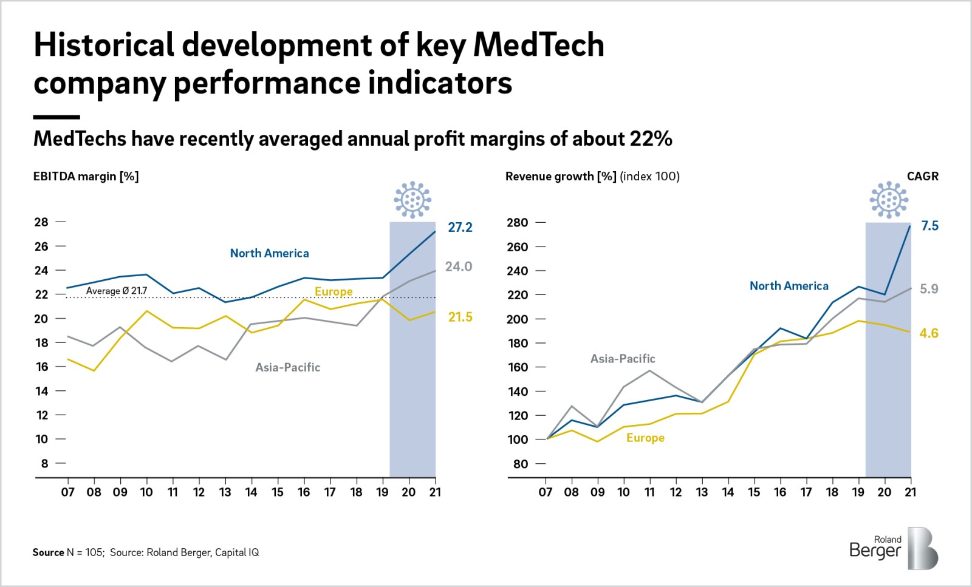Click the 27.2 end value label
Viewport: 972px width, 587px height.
coord(460,228)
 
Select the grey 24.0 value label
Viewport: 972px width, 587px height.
coord(458,266)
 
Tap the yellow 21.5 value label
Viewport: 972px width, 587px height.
coord(460,317)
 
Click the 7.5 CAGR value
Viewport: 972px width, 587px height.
coord(929,226)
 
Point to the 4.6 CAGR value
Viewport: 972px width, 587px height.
coord(928,333)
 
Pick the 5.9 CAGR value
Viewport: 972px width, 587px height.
coord(928,289)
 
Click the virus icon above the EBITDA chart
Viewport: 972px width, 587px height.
coord(412,199)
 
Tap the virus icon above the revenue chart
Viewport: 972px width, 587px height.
coord(889,199)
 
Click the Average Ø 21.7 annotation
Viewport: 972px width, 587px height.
coord(117,291)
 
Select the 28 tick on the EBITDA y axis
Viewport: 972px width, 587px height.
coord(41,222)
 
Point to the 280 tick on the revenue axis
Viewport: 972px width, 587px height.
coord(517,223)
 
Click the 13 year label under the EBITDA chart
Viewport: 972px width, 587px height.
coord(225,492)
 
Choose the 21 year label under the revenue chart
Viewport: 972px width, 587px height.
coord(910,492)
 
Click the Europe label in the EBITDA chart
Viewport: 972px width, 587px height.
coord(334,291)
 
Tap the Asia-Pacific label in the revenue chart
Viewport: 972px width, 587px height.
coord(623,359)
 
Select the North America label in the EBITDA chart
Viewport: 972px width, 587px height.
coord(269,253)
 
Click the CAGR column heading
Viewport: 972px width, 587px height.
coord(922,176)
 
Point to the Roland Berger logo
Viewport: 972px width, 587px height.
coord(893,548)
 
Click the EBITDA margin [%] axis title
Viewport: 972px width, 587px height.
coord(86,176)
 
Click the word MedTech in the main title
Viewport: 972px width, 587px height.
coord(538,45)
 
